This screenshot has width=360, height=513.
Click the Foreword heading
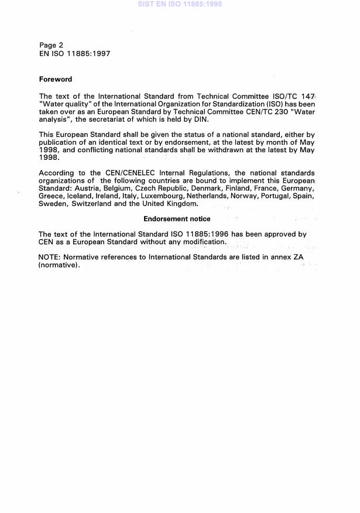[56, 79]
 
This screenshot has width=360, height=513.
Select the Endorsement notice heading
[177, 219]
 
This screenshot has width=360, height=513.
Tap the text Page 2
[48, 45]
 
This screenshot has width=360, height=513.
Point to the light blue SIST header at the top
[180, 4]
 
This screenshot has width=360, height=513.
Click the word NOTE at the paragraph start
[49, 257]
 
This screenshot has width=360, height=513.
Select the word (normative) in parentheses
[59, 265]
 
